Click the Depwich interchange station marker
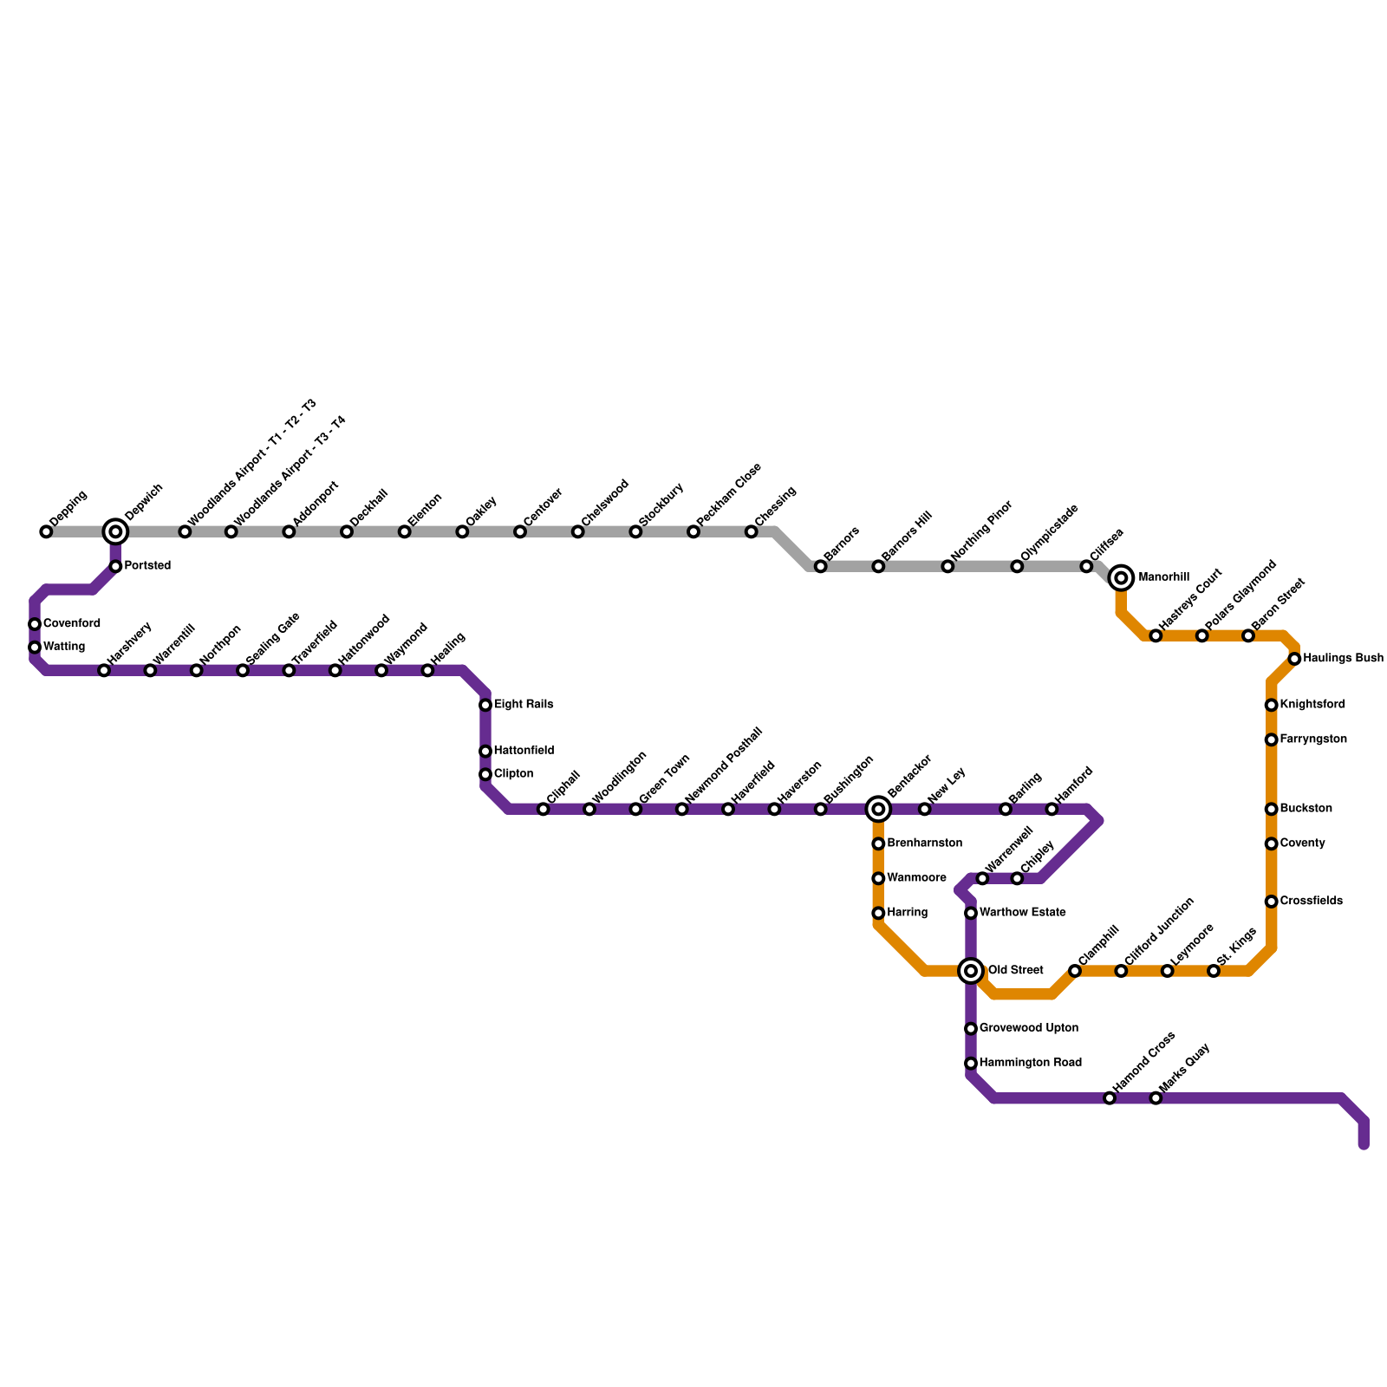(115, 531)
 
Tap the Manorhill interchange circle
(1121, 577)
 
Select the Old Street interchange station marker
(971, 971)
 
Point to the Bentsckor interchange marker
(878, 809)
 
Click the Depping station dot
(46, 531)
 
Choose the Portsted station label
(147, 566)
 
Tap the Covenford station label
(72, 624)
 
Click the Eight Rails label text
(524, 705)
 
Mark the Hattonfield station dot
(485, 751)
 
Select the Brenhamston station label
(925, 843)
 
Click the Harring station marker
(878, 913)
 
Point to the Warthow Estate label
(1022, 913)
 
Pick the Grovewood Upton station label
(1029, 1028)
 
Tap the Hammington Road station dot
(971, 1063)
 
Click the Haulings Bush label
(1343, 659)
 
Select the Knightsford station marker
(1271, 705)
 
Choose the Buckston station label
(1306, 809)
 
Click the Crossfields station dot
(1271, 902)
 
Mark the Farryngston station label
(1313, 739)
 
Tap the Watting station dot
(35, 647)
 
